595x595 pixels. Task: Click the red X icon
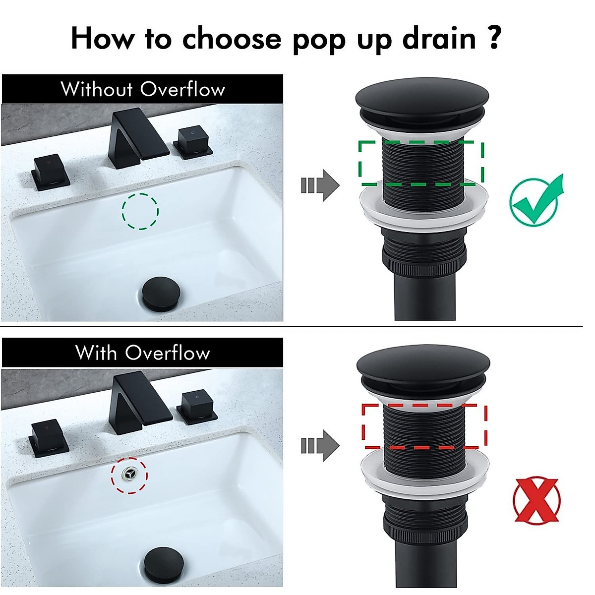[536, 500]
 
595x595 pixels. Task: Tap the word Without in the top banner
[97, 90]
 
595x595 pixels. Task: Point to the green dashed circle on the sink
[140, 211]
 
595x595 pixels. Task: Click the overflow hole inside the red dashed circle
[129, 475]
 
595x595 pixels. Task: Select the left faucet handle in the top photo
[49, 172]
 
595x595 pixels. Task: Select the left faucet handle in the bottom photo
[48, 436]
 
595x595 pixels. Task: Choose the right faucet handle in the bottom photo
[197, 406]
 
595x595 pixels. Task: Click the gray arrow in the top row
[320, 185]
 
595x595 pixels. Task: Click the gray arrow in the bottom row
[320, 446]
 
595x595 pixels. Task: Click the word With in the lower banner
[97, 353]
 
